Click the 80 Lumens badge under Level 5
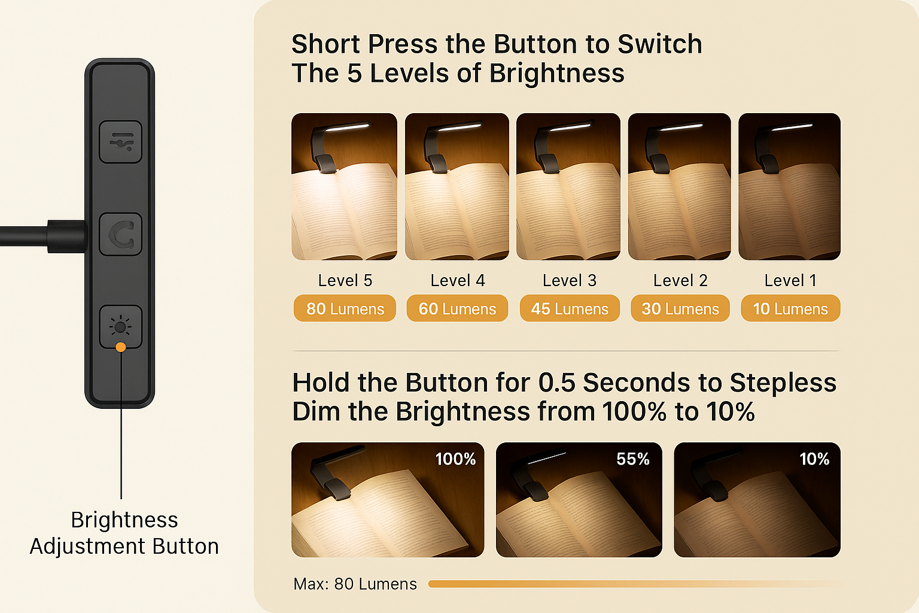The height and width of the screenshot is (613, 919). click(345, 308)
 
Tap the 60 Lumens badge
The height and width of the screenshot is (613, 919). click(457, 308)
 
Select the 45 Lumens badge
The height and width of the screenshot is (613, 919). click(570, 308)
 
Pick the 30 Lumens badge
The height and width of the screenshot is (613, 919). click(680, 308)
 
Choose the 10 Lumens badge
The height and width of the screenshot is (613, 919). click(790, 308)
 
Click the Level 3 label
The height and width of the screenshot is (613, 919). click(570, 280)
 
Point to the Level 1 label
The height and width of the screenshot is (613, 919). click(790, 280)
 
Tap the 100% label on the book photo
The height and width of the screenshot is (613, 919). click(455, 459)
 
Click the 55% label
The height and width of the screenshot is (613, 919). click(632, 459)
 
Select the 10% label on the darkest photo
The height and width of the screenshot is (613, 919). click(814, 459)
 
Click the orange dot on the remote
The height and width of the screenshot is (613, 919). click(121, 347)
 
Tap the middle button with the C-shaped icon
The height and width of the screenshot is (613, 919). click(121, 235)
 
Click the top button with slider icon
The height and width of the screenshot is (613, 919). click(121, 142)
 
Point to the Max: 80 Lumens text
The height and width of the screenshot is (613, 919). click(355, 584)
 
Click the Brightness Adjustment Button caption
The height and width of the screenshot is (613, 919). click(124, 533)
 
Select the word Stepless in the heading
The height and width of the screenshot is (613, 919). click(783, 383)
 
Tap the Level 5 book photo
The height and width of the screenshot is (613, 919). click(344, 187)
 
